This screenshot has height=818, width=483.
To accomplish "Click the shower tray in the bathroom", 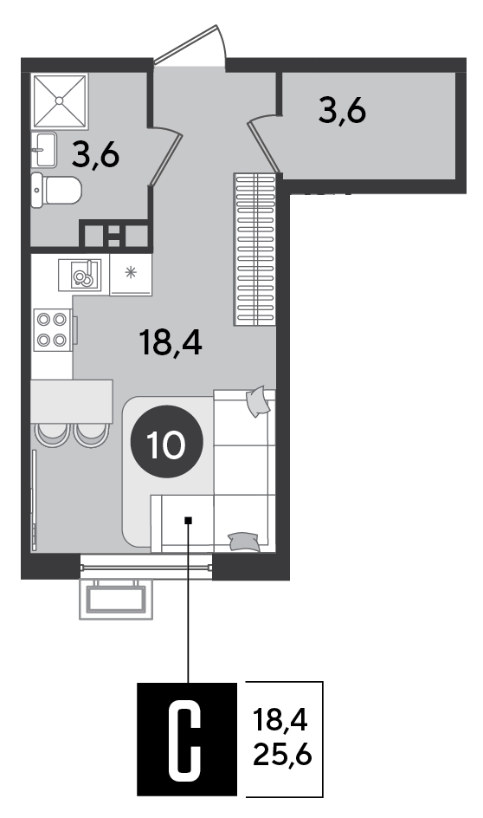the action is point(60,101).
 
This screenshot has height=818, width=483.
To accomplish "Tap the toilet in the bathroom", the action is point(56,191).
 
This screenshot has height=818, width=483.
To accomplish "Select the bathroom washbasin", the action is point(44,150).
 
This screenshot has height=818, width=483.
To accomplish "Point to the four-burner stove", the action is point(52,331).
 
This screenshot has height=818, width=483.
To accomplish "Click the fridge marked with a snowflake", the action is point(131,275).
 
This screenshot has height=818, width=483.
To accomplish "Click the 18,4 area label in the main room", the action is point(171,343).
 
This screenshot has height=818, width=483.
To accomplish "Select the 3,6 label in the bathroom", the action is point(96,155).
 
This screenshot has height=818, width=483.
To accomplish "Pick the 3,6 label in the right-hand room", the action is point(342,111).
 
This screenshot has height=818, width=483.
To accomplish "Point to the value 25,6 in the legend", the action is point(282,754).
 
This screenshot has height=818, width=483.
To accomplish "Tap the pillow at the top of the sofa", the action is point(259,401).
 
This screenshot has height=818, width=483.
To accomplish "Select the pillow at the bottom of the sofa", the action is point(244,542).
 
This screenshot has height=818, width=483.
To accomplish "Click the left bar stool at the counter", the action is point(52,435).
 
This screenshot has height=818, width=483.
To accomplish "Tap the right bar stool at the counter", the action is point(91,435).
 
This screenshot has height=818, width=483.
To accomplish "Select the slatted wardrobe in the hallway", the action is point(254,250).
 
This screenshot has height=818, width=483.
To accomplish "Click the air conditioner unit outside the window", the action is point(116,599).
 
